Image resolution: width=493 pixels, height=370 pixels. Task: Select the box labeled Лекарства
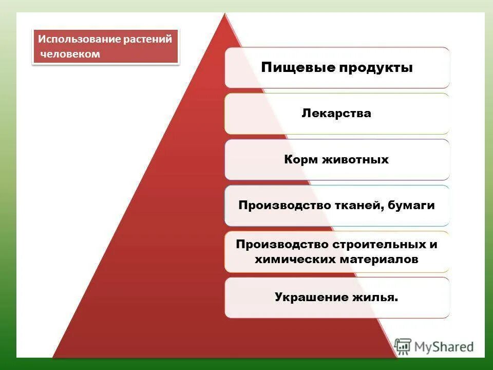336,114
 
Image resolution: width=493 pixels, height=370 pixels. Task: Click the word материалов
378,260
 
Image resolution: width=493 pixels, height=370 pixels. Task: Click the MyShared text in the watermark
444,347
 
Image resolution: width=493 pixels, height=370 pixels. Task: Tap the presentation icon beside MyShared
404,346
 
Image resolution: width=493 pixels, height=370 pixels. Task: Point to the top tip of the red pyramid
224,14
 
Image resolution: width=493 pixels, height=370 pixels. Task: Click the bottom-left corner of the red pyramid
53,357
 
